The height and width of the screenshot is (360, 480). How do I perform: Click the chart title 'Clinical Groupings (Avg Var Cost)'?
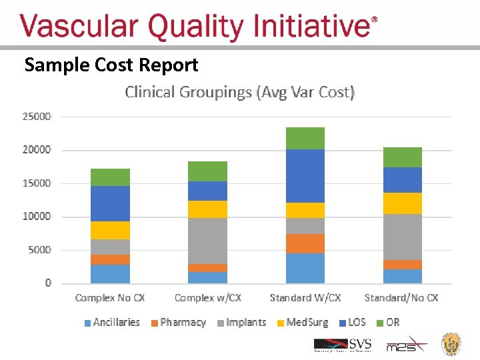(x=239, y=92)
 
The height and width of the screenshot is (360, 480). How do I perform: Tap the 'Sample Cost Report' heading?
(x=111, y=65)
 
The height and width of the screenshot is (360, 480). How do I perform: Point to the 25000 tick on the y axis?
(x=37, y=117)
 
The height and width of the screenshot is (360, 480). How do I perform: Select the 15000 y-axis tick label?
(x=37, y=183)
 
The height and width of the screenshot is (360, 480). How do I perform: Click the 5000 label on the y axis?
(x=39, y=250)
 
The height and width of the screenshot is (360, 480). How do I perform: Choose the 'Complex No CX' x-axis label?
(x=110, y=298)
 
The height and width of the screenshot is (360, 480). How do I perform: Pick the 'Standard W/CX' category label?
(x=305, y=298)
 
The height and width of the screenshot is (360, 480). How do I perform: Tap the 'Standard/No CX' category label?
(x=401, y=298)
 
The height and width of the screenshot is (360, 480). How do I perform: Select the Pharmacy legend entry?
(x=178, y=323)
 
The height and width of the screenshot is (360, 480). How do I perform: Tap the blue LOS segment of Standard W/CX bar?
(x=305, y=176)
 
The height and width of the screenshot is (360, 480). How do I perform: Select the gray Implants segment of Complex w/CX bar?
(x=207, y=241)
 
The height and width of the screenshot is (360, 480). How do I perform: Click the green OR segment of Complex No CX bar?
(x=110, y=177)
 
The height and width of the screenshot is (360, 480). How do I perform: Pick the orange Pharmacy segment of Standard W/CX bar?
(x=305, y=243)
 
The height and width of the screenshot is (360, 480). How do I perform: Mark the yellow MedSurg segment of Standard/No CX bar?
(x=402, y=203)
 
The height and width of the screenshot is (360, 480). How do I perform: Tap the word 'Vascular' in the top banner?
(x=80, y=27)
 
